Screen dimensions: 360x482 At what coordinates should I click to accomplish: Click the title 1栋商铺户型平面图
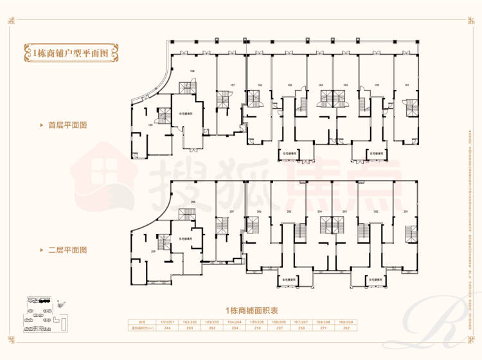coord(71,52)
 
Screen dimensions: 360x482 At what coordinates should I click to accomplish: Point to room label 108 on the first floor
coord(192,71)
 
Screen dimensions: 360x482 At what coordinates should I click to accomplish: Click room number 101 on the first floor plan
coord(406,85)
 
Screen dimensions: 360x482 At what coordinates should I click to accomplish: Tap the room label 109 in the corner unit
coord(150,125)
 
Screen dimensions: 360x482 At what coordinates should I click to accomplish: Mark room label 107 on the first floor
coord(232,85)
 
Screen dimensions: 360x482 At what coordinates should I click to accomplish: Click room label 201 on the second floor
coord(406,212)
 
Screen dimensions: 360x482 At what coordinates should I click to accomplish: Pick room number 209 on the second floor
coord(153,251)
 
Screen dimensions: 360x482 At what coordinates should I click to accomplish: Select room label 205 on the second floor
coord(290,212)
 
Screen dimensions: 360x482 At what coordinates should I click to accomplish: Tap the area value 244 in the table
coord(168,328)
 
